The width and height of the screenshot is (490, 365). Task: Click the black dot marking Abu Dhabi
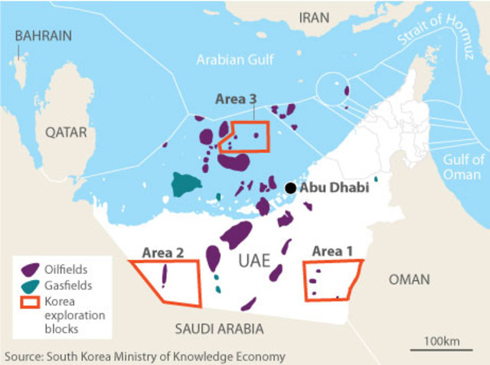tap(290, 188)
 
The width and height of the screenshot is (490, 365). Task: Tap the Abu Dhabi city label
tap(334, 187)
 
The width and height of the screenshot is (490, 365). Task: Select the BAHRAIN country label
tap(44, 35)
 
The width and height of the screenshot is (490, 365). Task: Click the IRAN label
tap(318, 17)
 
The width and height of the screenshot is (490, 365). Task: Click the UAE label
tap(255, 260)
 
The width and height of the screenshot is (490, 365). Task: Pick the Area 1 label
tap(333, 251)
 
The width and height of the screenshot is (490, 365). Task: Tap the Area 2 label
tap(162, 252)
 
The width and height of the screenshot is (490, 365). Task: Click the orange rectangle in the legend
tap(31, 301)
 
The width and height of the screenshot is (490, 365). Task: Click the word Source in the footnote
tap(24, 357)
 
